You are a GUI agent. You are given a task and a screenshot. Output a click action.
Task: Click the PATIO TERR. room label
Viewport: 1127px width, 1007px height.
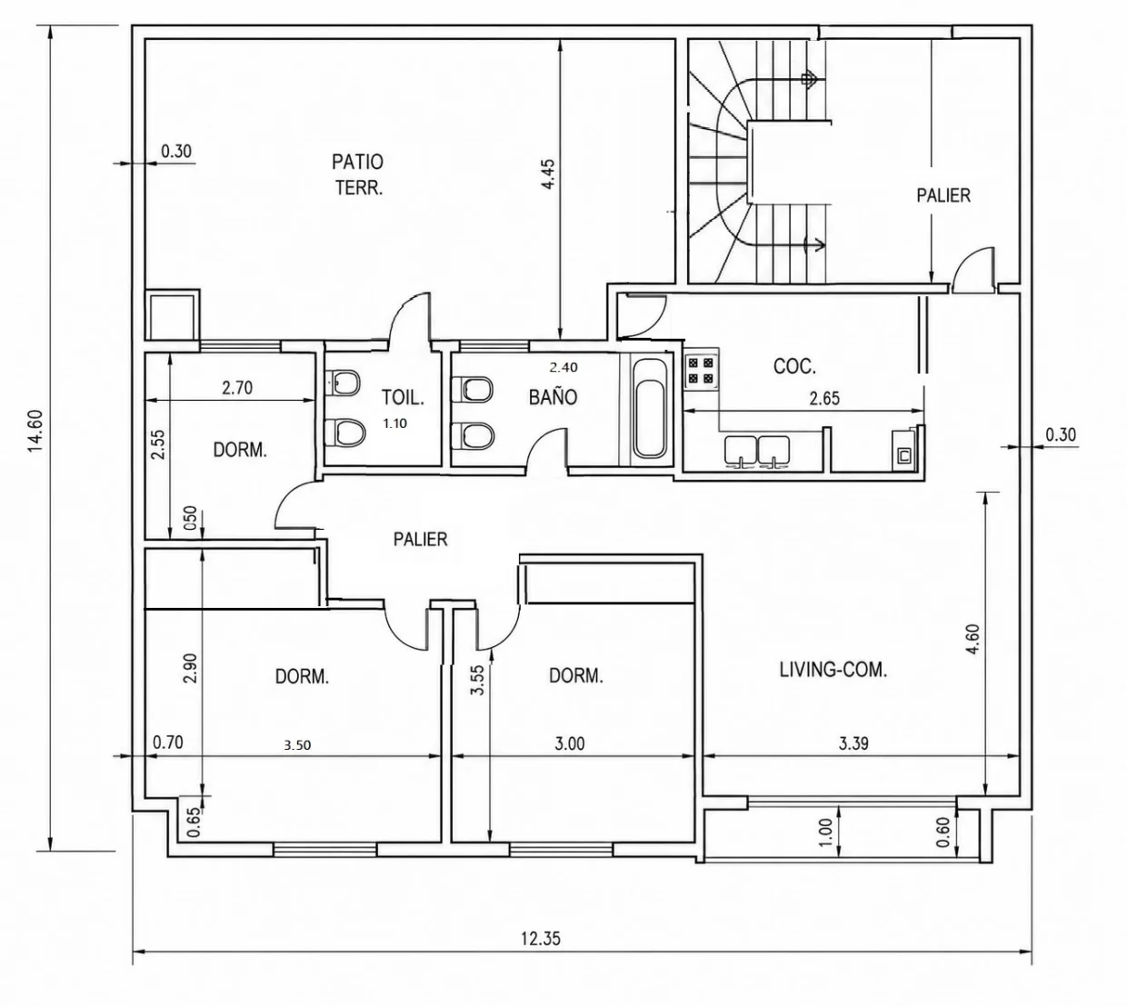pyautogui.click(x=358, y=174)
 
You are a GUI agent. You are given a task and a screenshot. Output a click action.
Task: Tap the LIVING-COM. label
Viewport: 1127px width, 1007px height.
pyautogui.click(x=833, y=670)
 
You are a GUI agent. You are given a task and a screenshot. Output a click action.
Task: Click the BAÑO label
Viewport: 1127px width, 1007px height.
pyautogui.click(x=553, y=396)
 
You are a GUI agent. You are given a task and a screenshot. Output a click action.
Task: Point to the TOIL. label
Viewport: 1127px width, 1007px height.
pyautogui.click(x=403, y=397)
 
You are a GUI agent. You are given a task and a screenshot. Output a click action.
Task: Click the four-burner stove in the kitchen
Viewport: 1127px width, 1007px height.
pyautogui.click(x=701, y=371)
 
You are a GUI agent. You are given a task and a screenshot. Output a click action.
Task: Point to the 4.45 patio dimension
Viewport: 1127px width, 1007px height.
pyautogui.click(x=548, y=174)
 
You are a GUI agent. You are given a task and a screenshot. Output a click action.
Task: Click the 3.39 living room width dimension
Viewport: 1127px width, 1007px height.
pyautogui.click(x=853, y=743)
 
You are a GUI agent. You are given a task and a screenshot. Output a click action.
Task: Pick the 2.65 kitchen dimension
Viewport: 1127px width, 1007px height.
pyautogui.click(x=824, y=398)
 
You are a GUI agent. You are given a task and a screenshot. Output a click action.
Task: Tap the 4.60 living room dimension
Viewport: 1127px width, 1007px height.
pyautogui.click(x=972, y=640)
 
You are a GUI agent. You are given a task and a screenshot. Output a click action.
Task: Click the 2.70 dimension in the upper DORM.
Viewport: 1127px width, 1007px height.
pyautogui.click(x=237, y=388)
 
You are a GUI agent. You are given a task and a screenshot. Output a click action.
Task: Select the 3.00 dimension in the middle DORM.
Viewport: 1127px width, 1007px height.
pyautogui.click(x=570, y=743)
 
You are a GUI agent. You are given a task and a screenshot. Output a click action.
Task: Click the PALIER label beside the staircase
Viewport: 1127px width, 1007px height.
pyautogui.click(x=943, y=195)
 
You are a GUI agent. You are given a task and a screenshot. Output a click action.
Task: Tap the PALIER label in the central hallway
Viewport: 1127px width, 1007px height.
pyautogui.click(x=421, y=539)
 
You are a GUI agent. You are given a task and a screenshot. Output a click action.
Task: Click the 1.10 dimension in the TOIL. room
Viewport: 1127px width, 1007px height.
pyautogui.click(x=395, y=424)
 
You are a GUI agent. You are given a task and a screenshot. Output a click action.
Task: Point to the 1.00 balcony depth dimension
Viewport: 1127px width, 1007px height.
pyautogui.click(x=826, y=832)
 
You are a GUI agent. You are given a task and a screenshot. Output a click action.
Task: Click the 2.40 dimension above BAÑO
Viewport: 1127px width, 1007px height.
pyautogui.click(x=564, y=367)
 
